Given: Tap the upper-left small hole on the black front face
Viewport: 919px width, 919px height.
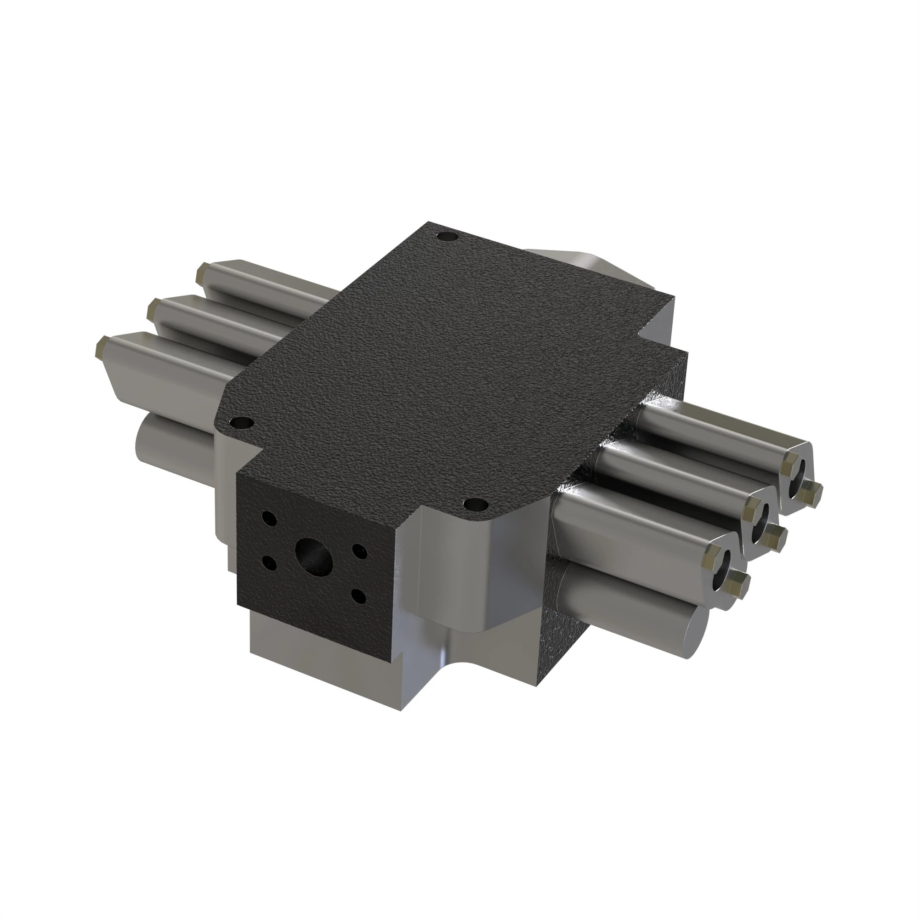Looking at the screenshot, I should [x=269, y=518].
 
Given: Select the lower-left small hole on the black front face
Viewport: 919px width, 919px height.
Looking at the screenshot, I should [x=270, y=565].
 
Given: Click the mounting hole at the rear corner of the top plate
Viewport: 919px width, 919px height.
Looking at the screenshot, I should [x=447, y=236].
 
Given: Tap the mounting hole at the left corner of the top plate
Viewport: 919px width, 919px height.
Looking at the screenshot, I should [x=242, y=422].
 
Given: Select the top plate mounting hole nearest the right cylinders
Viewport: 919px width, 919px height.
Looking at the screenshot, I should [x=476, y=504].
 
